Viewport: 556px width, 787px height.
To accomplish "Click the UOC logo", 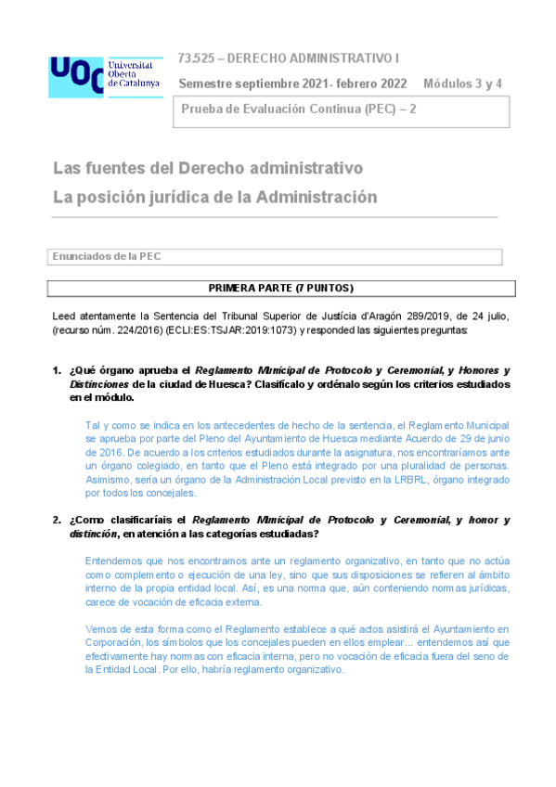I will pos(76,75).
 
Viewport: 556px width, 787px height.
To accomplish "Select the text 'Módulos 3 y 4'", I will pos(462,83).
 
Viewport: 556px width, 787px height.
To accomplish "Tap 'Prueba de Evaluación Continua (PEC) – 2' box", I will pos(343,111).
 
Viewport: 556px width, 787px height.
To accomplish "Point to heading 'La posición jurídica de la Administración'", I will pos(215,197).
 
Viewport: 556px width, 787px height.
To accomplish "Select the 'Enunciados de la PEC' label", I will pos(107,256).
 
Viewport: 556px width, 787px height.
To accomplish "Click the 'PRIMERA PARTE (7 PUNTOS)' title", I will pos(280,288).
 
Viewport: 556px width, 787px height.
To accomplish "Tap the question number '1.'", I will pos(57,369).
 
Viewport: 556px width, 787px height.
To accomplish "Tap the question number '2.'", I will pos(57,520).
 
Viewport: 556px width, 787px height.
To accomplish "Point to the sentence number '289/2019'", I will pos(411,316).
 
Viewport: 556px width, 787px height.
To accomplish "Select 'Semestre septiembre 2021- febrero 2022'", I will pos(292,83).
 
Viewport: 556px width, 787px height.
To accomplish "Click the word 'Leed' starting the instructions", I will pos(64,316).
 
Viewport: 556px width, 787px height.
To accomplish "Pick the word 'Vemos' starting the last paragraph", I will pos(100,630).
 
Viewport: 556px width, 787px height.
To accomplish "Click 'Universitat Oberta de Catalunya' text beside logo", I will pos(134,74).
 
